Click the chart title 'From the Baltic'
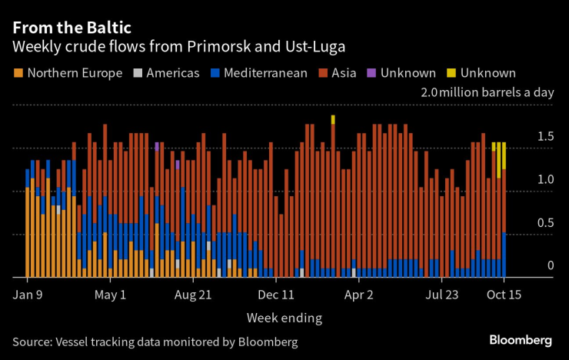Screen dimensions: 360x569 click(72, 27)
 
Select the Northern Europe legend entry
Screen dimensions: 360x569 click(68, 74)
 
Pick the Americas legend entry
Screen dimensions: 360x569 click(166, 74)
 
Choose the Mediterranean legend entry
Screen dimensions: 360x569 click(260, 74)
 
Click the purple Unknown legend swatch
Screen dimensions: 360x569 click(371, 74)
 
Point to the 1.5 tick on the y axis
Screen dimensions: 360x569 click(545, 137)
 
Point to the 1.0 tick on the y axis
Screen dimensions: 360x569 click(545, 180)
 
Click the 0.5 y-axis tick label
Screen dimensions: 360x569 click(545, 223)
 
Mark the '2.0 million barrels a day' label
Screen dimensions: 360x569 click(487, 93)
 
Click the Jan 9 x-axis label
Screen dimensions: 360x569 click(27, 294)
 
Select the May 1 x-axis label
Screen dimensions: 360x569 click(110, 294)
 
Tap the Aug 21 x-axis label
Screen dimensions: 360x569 click(193, 294)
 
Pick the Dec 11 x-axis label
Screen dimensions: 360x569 click(277, 294)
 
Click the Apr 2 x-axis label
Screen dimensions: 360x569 click(359, 294)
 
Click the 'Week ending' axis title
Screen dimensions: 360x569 click(284, 318)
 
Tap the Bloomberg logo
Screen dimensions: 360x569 click(521, 340)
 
